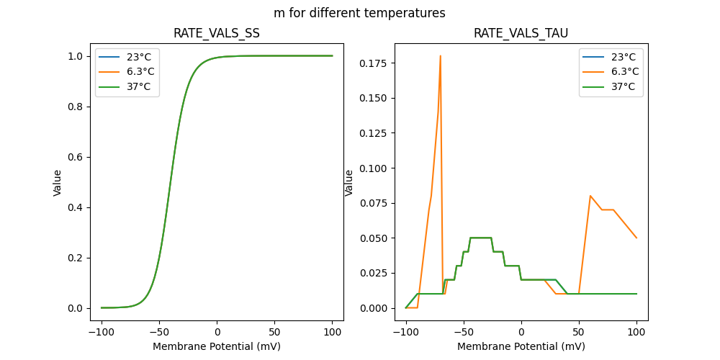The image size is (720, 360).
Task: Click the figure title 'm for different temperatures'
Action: (359, 13)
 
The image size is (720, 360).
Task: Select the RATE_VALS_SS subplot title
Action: (217, 33)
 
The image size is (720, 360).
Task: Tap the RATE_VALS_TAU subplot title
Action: (521, 33)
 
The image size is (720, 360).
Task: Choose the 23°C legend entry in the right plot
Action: (624, 57)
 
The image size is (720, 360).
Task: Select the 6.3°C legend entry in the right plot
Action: (624, 71)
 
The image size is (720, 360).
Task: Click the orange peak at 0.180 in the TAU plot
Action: (441, 56)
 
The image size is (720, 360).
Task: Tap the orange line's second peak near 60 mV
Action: (590, 196)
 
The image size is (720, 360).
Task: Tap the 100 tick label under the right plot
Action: (636, 330)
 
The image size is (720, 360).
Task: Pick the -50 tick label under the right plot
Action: (464, 330)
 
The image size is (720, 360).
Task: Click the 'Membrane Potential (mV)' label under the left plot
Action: (217, 346)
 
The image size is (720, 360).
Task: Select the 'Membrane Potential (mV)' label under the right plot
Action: (521, 346)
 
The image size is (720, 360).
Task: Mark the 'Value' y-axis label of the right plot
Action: (349, 182)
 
